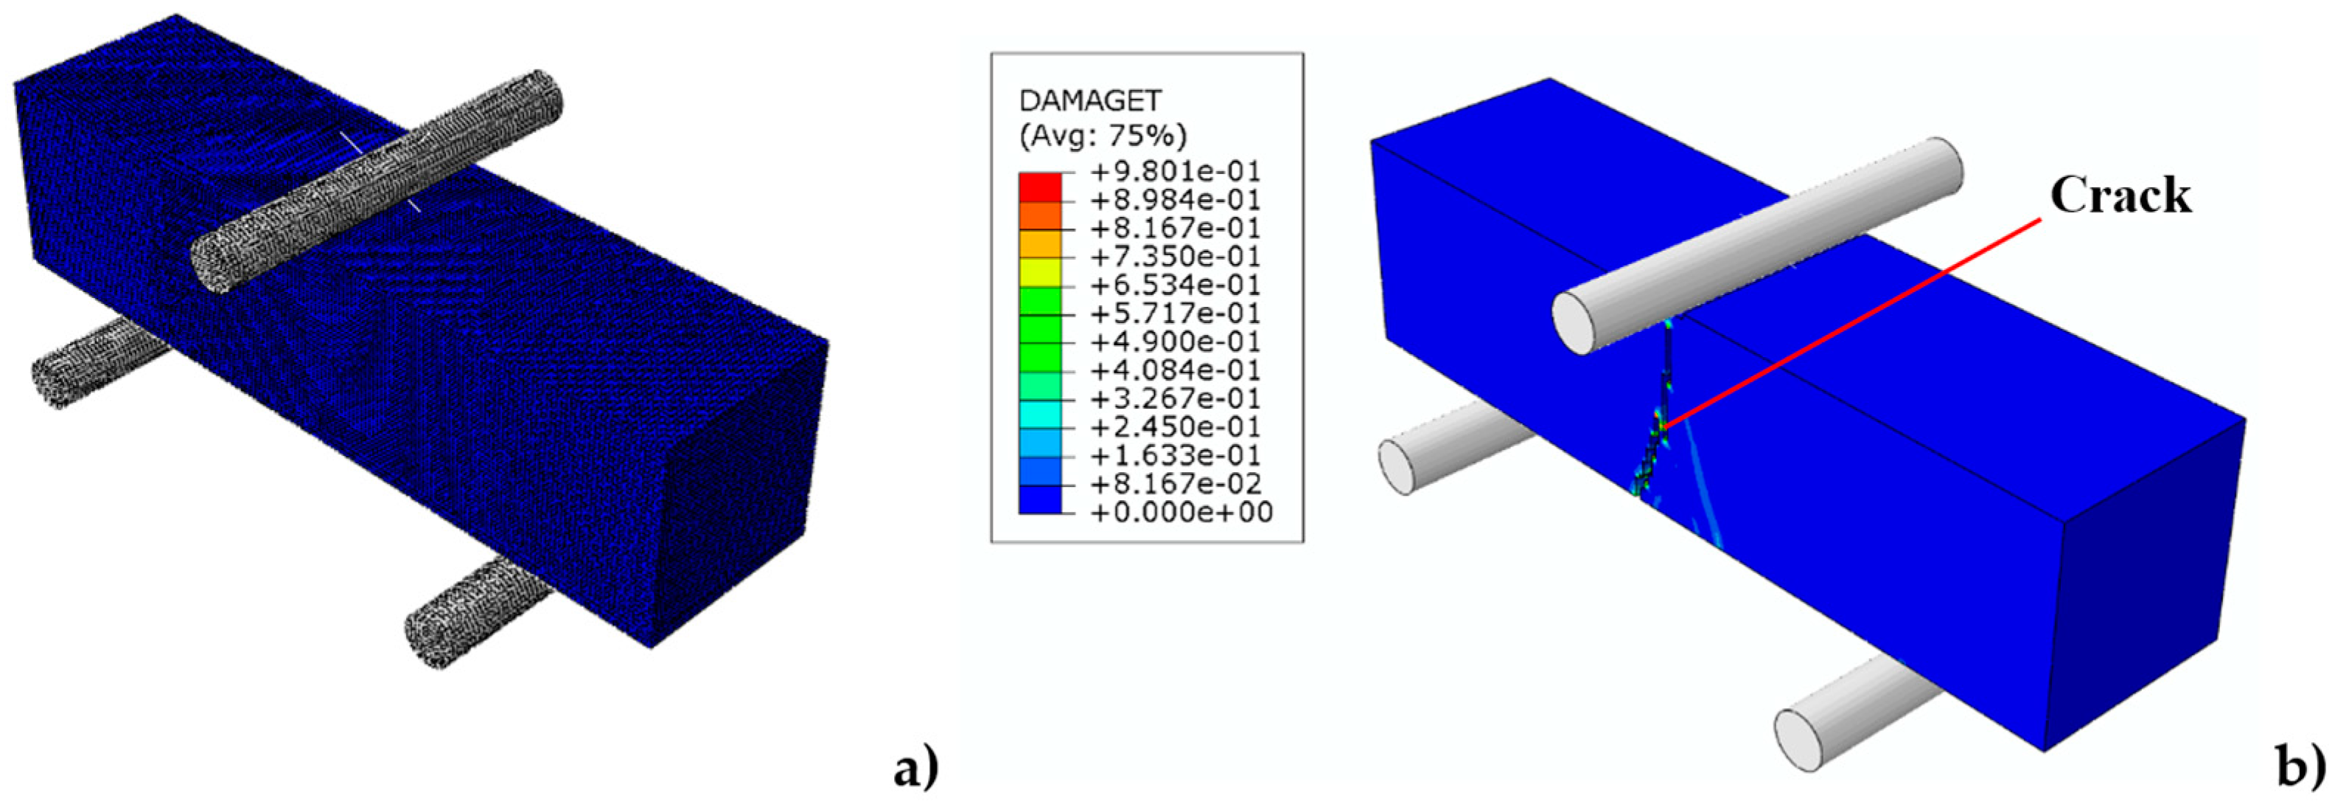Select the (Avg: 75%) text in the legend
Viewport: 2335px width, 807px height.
1102,136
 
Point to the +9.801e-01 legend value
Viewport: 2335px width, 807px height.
1175,171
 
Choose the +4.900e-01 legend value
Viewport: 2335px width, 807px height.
1175,342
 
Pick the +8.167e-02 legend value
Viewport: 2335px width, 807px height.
1175,484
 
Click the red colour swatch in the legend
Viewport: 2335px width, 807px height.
1040,186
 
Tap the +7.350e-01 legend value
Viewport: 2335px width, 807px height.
1175,257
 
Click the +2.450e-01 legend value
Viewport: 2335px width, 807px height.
1175,427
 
